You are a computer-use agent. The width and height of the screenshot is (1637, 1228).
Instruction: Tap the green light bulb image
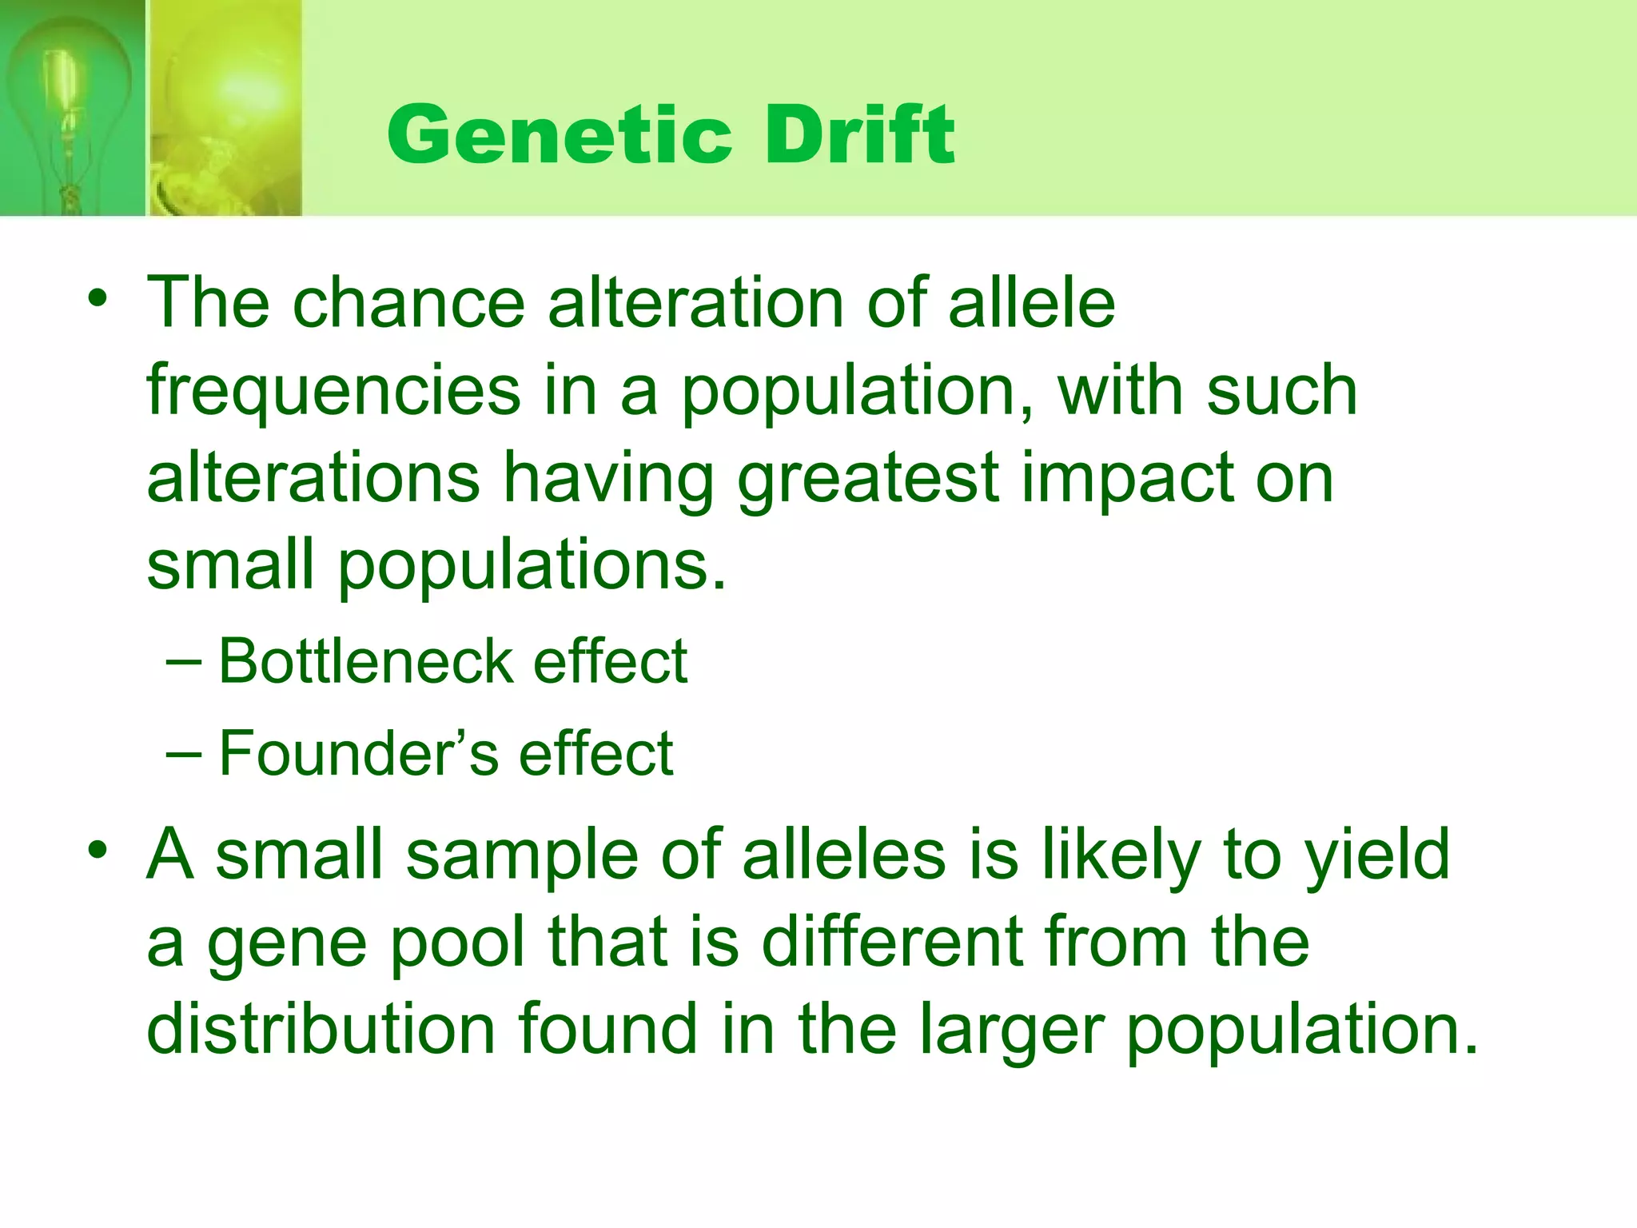coord(72,108)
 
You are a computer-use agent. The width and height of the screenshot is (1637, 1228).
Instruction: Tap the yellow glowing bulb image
coord(225,108)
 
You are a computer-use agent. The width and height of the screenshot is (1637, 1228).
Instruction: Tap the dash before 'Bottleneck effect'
coord(183,662)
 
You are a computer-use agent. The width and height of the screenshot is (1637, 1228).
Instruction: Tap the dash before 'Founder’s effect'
coord(183,754)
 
